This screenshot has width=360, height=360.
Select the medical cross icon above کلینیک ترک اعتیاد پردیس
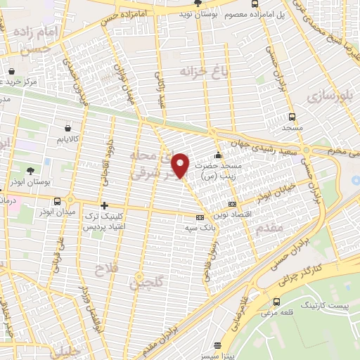click(104, 206)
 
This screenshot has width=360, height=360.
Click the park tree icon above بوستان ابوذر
click(30, 171)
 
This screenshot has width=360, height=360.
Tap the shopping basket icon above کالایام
click(67, 128)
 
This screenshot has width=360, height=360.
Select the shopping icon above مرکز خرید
click(12, 71)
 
